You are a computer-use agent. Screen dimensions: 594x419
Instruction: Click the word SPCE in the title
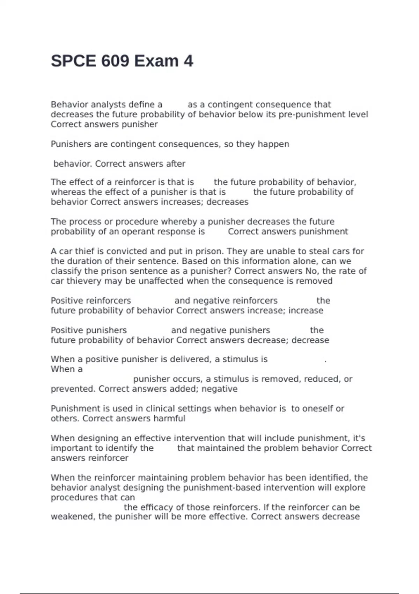[x=73, y=61]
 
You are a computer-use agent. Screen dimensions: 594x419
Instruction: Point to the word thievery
[x=84, y=281]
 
